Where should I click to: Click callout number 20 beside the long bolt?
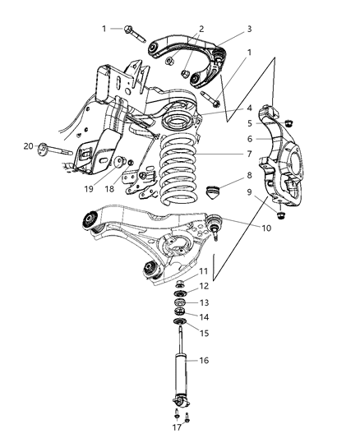(28, 146)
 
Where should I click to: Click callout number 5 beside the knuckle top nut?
(249, 123)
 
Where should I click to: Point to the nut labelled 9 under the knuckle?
(281, 215)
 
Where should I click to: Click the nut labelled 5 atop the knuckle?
(288, 123)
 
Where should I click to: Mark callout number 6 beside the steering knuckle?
(249, 139)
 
